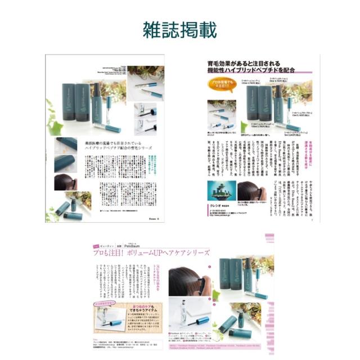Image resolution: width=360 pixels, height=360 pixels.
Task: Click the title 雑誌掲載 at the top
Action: point(179,30)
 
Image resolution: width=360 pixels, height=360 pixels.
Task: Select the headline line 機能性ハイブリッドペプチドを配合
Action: point(256,71)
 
